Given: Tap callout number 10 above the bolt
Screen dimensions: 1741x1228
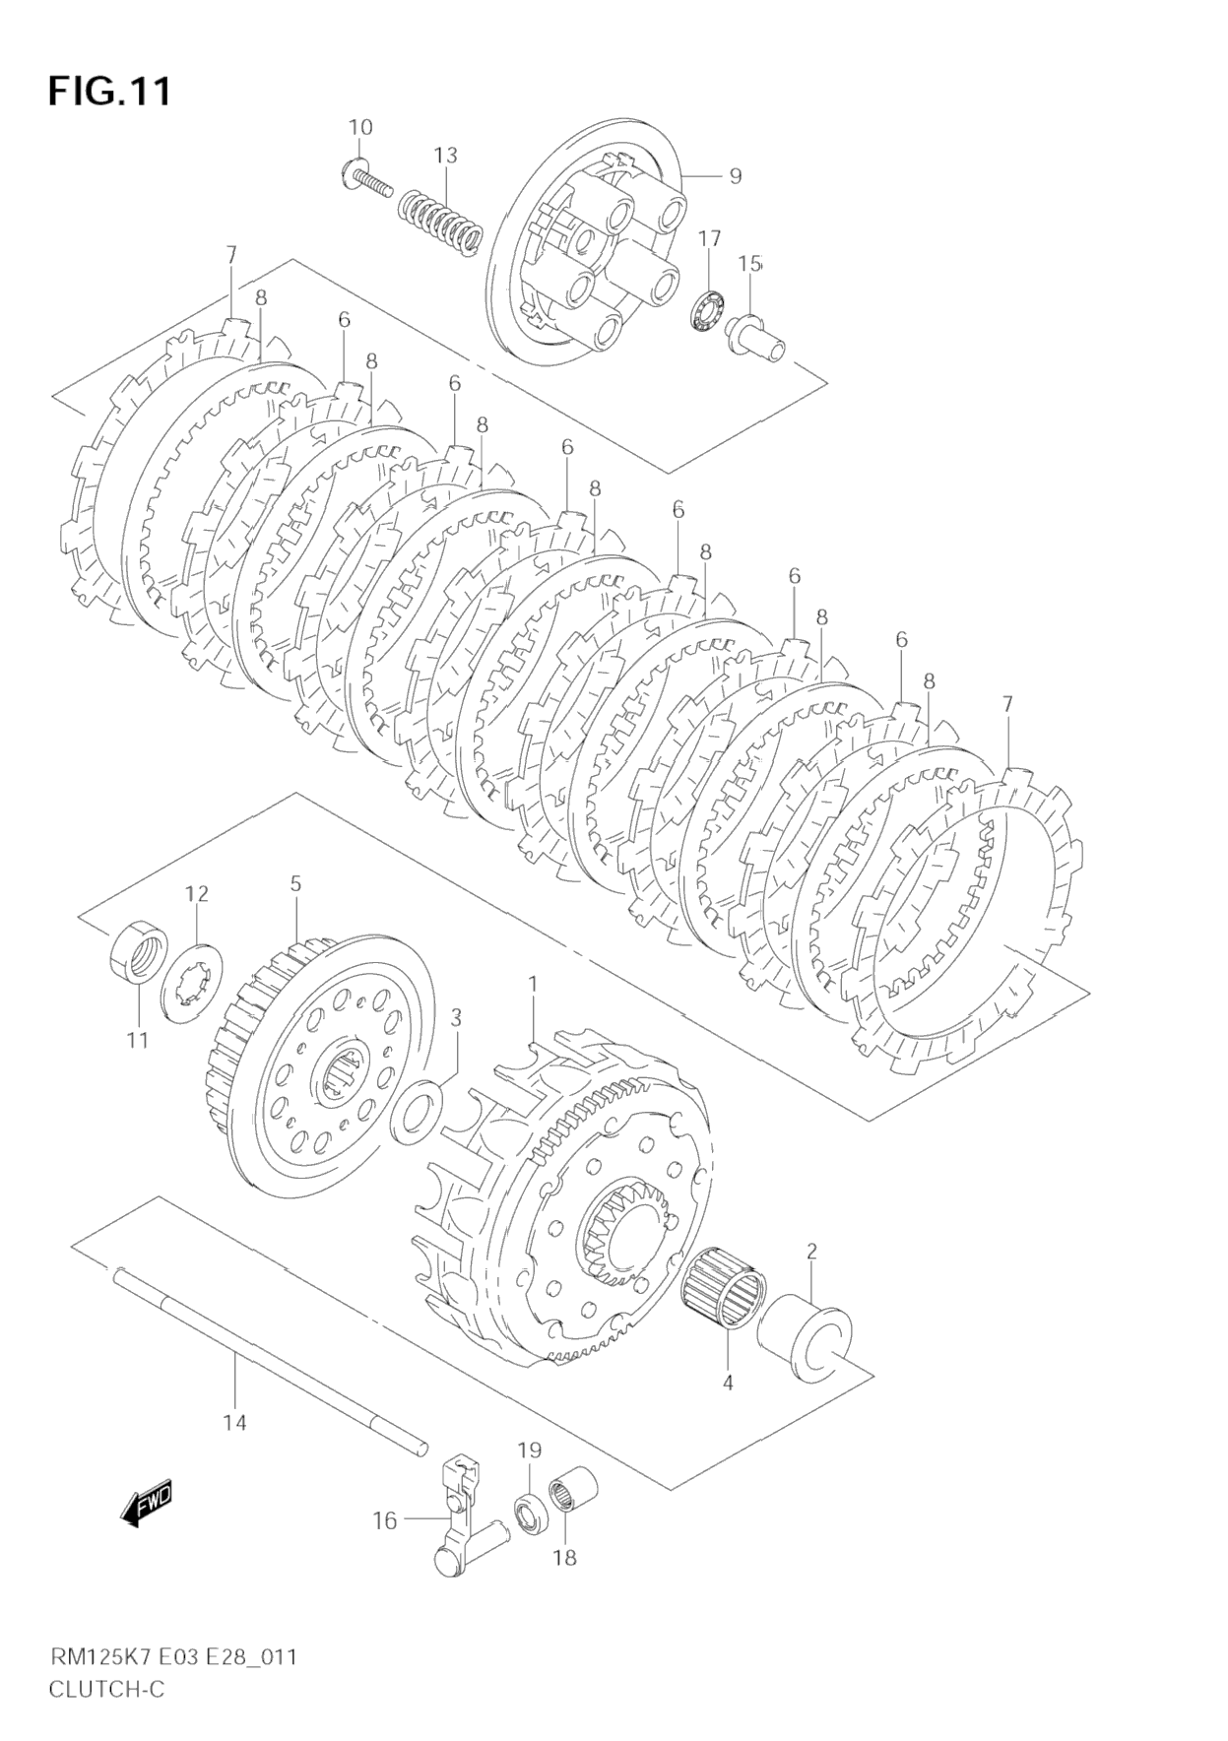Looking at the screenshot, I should [x=360, y=127].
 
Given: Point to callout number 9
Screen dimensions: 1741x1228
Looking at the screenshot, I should [x=734, y=176].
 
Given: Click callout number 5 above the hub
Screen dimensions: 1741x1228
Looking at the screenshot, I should [x=295, y=884].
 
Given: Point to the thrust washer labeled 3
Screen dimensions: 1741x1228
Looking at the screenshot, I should [x=418, y=1110].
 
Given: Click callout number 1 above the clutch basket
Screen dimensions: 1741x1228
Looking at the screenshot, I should [x=533, y=985].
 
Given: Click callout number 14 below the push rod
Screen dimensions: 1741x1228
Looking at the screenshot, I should [x=235, y=1422].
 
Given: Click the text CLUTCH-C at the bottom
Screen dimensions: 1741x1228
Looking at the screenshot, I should [x=108, y=1691].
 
